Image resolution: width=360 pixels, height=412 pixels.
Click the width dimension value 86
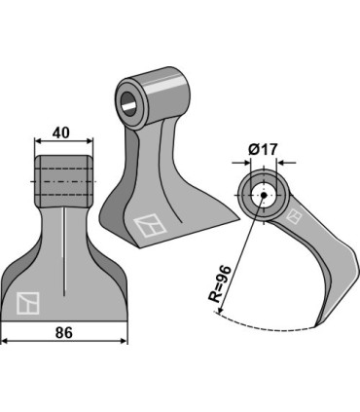coord(64,331)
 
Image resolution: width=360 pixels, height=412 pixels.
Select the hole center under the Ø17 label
coord(261,196)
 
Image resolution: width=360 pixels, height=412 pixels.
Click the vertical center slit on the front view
coord(64,253)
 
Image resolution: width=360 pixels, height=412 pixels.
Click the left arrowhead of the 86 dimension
coord(5,342)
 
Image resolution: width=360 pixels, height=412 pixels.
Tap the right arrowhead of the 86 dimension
coord(125,342)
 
